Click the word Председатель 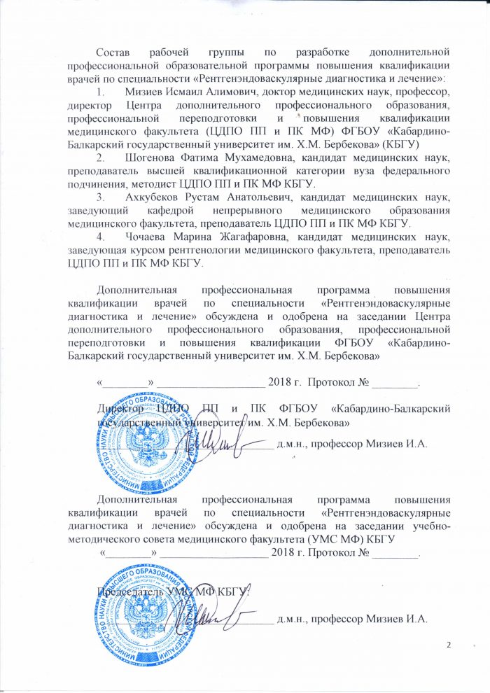(131, 592)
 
